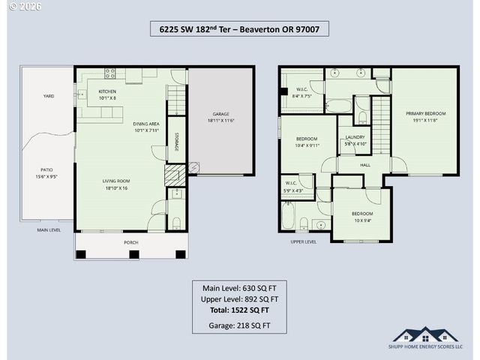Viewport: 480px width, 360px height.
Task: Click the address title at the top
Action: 239,29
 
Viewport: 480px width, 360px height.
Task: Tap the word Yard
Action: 48,96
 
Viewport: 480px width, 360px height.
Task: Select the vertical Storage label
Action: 176,141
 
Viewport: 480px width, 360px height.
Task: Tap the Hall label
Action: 365,165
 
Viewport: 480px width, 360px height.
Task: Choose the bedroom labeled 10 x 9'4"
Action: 362,217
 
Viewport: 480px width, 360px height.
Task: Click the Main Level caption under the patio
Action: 49,230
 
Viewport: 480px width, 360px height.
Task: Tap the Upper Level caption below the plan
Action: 304,241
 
